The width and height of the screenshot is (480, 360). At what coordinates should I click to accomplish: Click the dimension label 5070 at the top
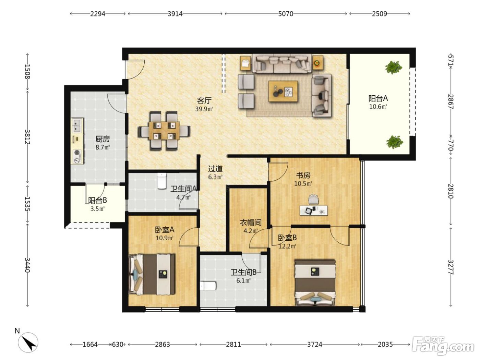point(286,14)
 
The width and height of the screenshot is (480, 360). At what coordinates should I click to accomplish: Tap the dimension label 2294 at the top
point(98,14)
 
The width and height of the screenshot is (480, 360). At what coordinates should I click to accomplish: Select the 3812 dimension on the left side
point(27,137)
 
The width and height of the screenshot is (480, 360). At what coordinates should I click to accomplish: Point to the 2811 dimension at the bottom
point(233,345)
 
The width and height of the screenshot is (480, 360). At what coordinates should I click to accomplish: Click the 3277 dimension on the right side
point(451,267)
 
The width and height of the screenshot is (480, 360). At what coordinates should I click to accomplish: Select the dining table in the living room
point(164,131)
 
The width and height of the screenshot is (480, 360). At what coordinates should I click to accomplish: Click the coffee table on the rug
point(283,91)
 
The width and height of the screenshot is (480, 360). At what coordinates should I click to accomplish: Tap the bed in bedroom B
point(315,282)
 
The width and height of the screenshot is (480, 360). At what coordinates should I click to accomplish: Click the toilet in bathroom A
point(161,181)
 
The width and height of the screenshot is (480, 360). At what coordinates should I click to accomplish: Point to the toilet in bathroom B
point(208,286)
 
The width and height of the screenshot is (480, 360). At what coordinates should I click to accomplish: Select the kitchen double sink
point(77,125)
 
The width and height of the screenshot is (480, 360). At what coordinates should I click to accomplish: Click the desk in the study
point(314,210)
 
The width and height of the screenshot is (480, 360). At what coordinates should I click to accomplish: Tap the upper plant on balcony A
point(394,67)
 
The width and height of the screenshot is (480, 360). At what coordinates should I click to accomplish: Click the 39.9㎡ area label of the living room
point(204,109)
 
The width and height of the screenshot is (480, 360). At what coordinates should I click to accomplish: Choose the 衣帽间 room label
point(251,223)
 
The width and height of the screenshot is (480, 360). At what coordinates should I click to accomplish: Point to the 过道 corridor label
point(215,169)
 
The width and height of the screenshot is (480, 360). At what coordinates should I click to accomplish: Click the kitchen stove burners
point(77,156)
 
